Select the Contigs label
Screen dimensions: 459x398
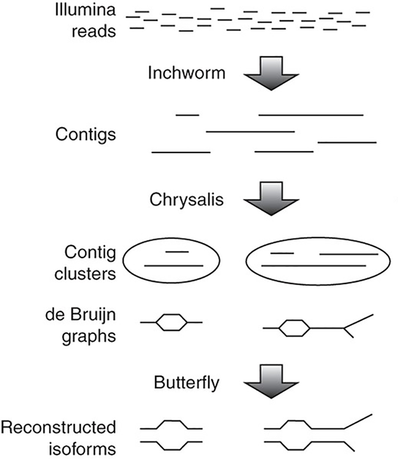tap(89, 134)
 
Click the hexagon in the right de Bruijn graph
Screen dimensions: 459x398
tap(292, 329)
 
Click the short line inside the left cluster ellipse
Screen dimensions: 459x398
tap(178, 252)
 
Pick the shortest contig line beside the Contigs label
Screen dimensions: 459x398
tap(187, 114)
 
